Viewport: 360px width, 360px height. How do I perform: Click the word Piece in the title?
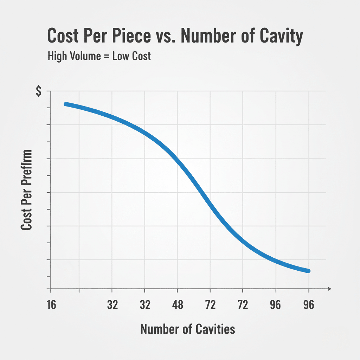tap(127, 37)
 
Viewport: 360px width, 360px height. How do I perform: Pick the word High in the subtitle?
tap(58, 56)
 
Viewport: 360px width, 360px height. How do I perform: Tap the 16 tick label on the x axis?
tap(51, 305)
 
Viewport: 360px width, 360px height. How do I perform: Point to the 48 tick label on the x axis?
tap(177, 305)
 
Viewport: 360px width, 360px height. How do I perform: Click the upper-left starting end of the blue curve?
tap(66, 104)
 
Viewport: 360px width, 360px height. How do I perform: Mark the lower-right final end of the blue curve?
tap(308, 271)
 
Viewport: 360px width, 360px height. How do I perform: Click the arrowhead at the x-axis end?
tap(329, 289)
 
